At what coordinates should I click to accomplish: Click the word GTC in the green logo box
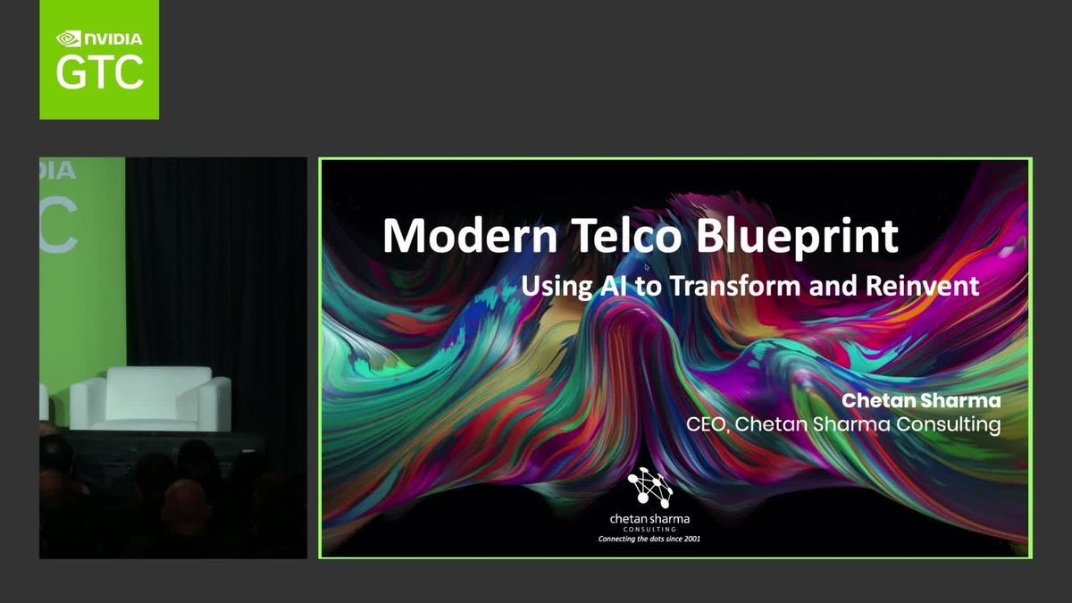tap(99, 71)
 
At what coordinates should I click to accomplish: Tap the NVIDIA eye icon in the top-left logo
tap(69, 38)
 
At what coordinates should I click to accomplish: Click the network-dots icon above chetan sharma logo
tap(649, 487)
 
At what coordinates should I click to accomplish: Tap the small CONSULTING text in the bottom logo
tap(649, 530)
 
